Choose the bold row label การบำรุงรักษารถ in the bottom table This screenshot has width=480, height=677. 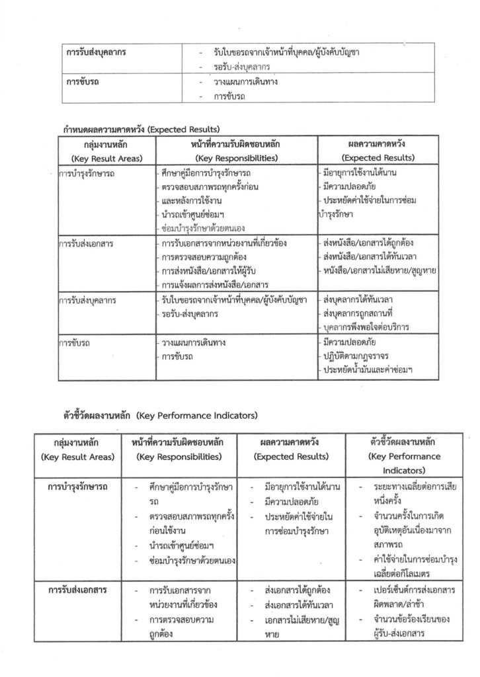click(79, 487)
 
